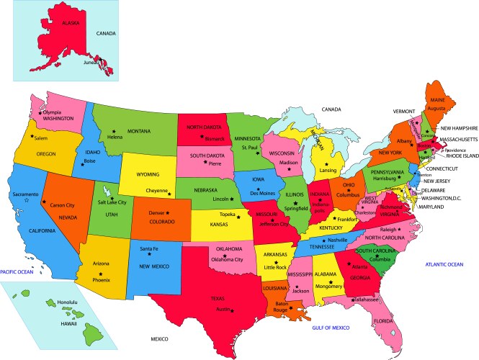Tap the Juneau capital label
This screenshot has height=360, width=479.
92,62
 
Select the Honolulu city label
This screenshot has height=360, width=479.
67,302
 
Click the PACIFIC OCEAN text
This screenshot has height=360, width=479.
17,271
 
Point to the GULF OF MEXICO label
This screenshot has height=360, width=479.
331,328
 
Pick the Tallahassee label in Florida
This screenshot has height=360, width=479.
368,299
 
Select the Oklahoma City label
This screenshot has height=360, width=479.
227,259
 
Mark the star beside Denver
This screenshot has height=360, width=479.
168,213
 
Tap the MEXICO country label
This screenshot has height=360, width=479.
159,338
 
